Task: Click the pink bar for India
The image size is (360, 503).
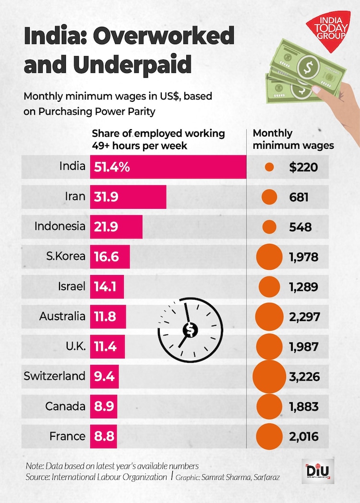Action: (168, 167)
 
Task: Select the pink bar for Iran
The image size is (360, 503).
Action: (128, 197)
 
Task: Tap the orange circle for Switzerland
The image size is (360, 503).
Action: (269, 376)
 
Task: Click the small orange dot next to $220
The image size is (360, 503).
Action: (269, 167)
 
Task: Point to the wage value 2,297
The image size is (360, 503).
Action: (304, 317)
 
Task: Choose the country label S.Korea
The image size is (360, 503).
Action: (66, 256)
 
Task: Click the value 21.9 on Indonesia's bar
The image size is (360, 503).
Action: (106, 227)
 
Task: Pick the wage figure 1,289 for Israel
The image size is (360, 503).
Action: (304, 287)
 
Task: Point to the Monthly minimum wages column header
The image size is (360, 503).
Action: (293, 139)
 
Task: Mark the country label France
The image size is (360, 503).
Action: (67, 436)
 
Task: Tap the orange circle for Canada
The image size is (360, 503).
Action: (269, 407)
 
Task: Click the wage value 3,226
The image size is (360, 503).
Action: (304, 376)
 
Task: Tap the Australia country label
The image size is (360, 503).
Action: (63, 316)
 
